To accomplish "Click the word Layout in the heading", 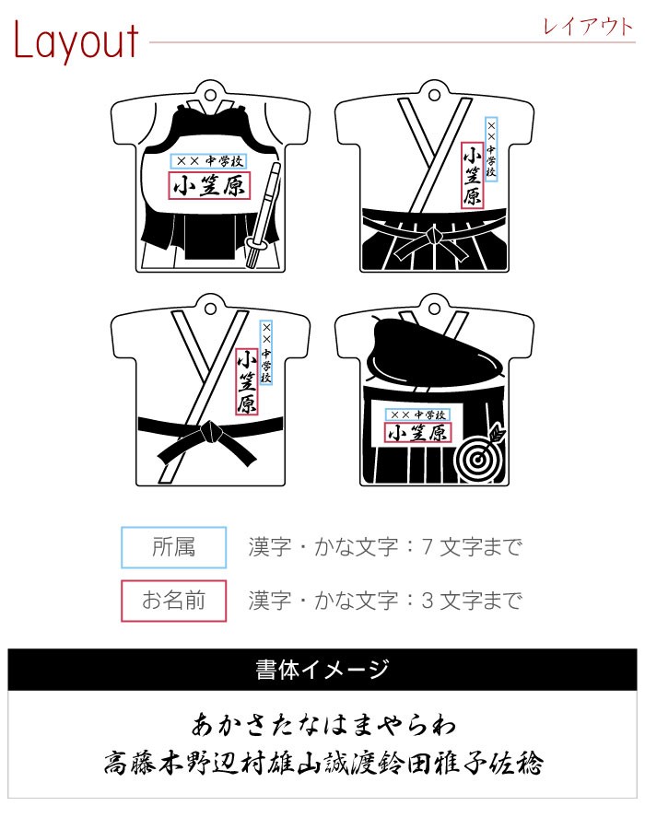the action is [x=76, y=41].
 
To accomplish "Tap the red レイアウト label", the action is [x=588, y=27].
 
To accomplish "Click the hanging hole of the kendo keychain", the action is [x=210, y=96].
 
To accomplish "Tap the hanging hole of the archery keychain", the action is [x=434, y=309].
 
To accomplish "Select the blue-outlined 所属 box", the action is [x=173, y=547].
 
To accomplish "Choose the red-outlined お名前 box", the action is [x=173, y=601].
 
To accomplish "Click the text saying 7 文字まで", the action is [x=472, y=547].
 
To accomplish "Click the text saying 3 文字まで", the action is [x=472, y=601].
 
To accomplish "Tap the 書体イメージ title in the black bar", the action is [x=322, y=670].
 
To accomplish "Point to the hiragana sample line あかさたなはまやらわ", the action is [x=322, y=724].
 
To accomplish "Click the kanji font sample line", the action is [x=323, y=764].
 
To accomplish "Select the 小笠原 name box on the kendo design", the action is [x=209, y=185].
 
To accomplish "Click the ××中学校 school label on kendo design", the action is [x=208, y=160].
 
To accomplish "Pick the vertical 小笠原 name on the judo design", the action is [x=246, y=381].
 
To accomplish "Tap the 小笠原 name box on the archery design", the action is [x=417, y=433].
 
